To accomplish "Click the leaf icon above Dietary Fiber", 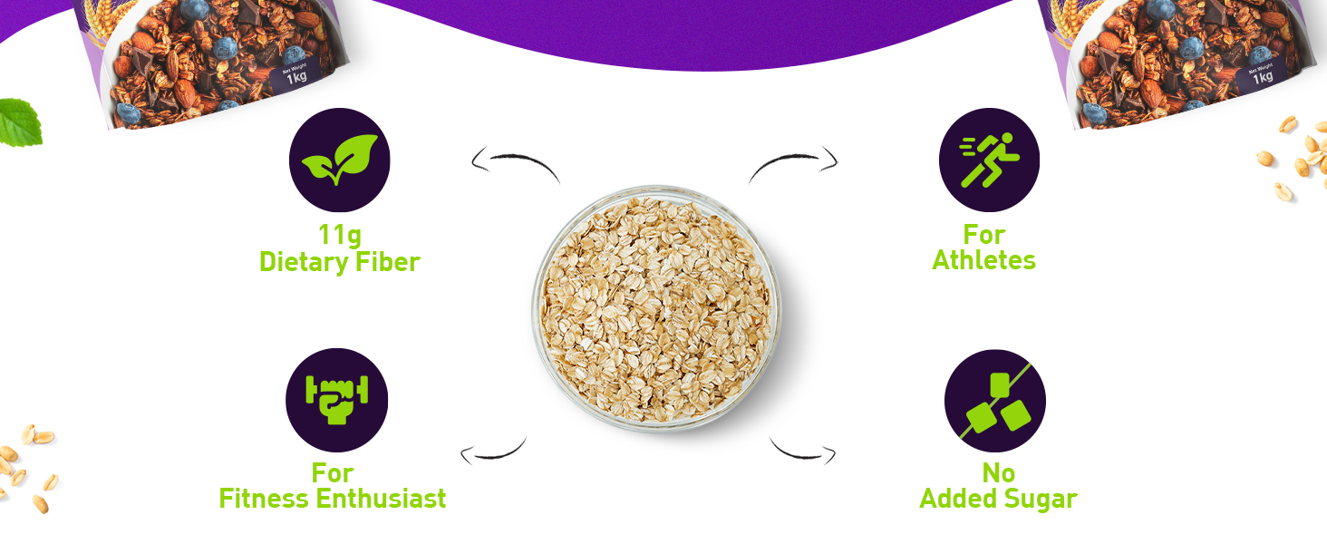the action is pyautogui.click(x=339, y=160).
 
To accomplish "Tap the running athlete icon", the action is pyautogui.click(x=989, y=160).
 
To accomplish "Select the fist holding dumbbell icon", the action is pyautogui.click(x=337, y=400).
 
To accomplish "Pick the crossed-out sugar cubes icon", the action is pyautogui.click(x=995, y=401).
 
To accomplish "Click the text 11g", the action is pyautogui.click(x=339, y=235).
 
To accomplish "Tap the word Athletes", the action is pyautogui.click(x=984, y=260).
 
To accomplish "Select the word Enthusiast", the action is pyautogui.click(x=382, y=499).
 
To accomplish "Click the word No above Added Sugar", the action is pyautogui.click(x=999, y=473).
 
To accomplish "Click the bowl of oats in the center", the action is pyautogui.click(x=656, y=308).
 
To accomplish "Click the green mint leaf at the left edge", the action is pyautogui.click(x=20, y=122).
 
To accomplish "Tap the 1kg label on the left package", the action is pyautogui.click(x=296, y=76).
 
